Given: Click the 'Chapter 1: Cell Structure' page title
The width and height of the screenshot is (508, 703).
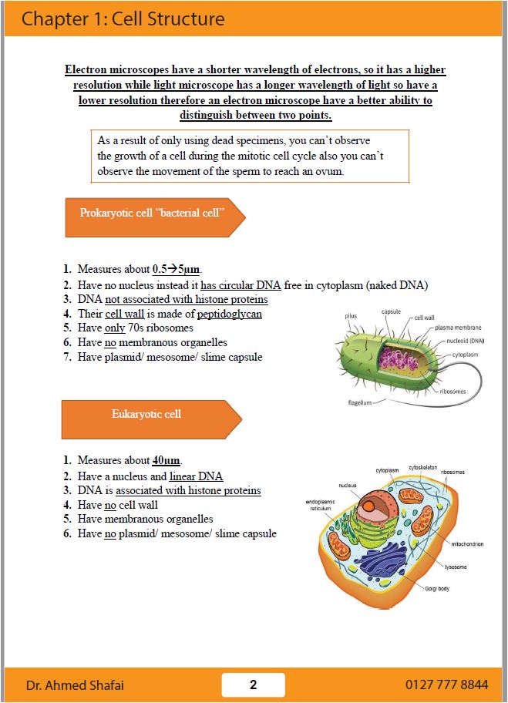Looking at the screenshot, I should (123, 18).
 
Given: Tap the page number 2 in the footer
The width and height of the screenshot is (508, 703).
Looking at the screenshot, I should (253, 684).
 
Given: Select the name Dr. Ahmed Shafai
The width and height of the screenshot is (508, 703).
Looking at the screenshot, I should (76, 685).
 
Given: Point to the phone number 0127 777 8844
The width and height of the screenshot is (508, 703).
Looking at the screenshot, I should (446, 684).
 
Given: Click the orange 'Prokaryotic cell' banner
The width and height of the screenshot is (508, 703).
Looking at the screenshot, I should (152, 213).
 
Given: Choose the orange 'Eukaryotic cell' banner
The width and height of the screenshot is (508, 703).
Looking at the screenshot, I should (146, 414).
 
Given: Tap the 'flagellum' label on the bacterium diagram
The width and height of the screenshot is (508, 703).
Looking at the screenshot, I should (359, 403).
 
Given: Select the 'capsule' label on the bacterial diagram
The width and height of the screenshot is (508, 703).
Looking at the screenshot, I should (391, 311).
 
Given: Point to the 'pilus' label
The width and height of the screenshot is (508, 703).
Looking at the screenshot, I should (351, 316).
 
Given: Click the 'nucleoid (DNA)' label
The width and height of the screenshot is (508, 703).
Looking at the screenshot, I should (466, 340).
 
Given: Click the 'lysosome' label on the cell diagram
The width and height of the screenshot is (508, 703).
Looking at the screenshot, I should (456, 567).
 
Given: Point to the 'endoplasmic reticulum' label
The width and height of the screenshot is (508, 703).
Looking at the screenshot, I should (320, 505).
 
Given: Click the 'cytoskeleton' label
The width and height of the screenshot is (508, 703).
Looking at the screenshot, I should (425, 466).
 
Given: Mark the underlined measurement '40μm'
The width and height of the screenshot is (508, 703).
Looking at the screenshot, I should (166, 460).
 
